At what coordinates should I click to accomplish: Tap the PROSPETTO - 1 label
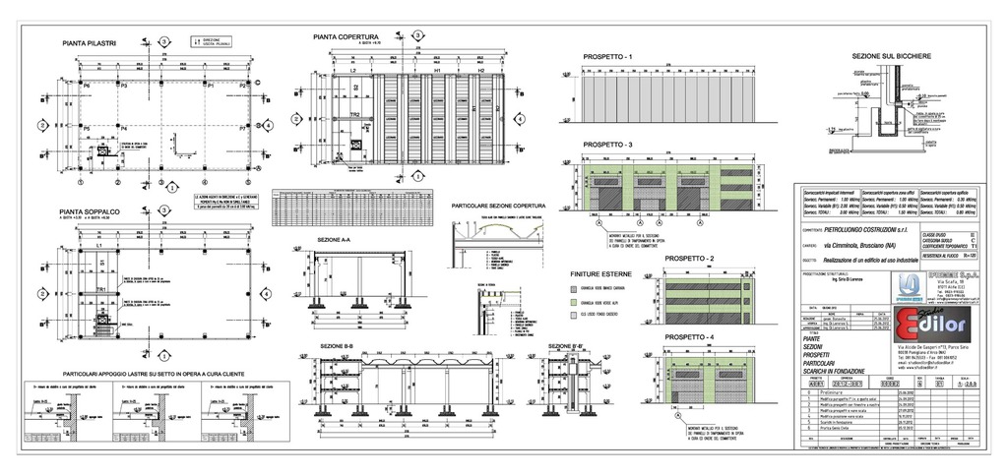pyautogui.click(x=606, y=56)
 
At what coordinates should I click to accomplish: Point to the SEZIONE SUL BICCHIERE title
pyautogui.click(x=892, y=57)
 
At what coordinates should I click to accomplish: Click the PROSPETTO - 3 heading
pyautogui.click(x=607, y=144)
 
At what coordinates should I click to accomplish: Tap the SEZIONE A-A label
pyautogui.click(x=335, y=239)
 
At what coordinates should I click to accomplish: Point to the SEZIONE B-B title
pyautogui.click(x=336, y=346)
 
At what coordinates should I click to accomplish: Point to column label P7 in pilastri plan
pyautogui.click(x=243, y=129)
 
